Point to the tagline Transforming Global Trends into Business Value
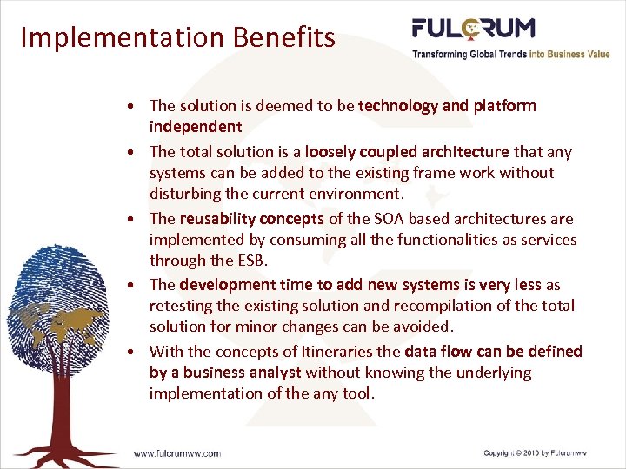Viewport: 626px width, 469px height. [510, 54]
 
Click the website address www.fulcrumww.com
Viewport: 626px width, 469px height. [176, 452]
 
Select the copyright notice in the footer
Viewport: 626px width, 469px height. [535, 452]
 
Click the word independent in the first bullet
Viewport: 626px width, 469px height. [195, 127]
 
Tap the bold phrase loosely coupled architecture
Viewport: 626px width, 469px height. [407, 152]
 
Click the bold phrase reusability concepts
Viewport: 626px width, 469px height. [251, 219]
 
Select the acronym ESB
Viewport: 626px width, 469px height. [247, 261]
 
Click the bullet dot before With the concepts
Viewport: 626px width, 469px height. [129, 353]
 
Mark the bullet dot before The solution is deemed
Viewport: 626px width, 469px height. [129, 107]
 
